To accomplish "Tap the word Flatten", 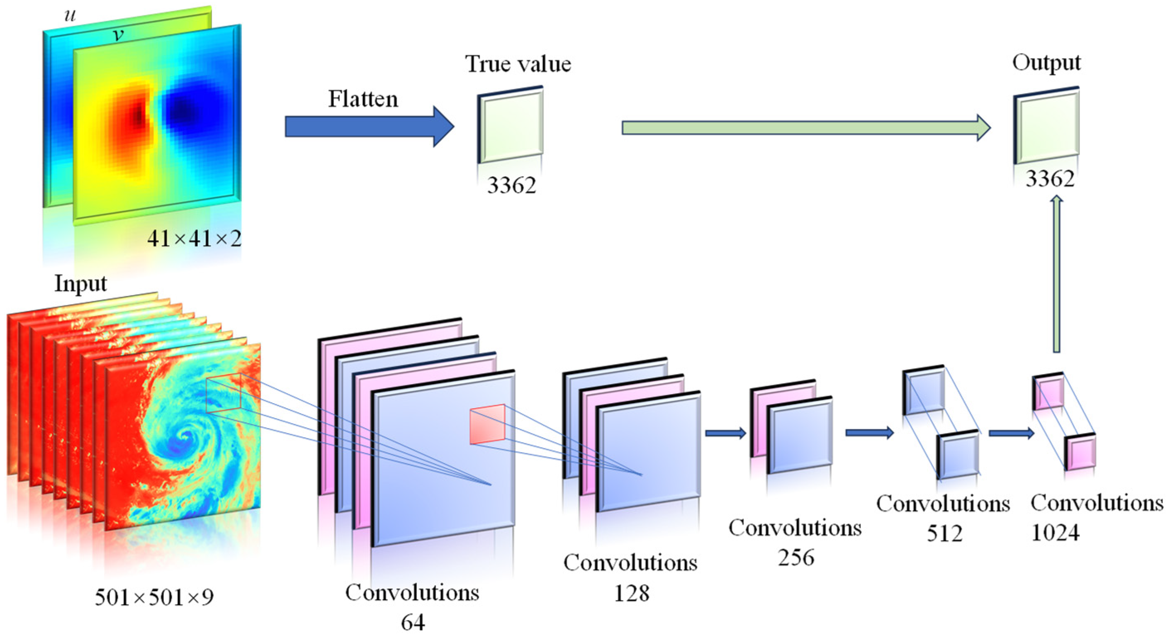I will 363,99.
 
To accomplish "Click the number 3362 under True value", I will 511,185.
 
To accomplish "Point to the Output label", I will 1046,63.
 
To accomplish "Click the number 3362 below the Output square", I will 1050,179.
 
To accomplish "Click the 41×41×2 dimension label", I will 194,239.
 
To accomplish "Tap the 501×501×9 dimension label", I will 154,597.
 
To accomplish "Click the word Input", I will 80,284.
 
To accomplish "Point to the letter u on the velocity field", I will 70,15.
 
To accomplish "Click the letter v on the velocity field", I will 118,34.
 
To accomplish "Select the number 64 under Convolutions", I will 412,622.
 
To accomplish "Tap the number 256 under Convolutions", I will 796,557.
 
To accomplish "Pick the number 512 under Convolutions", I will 944,533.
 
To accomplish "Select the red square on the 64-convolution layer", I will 487,424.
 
